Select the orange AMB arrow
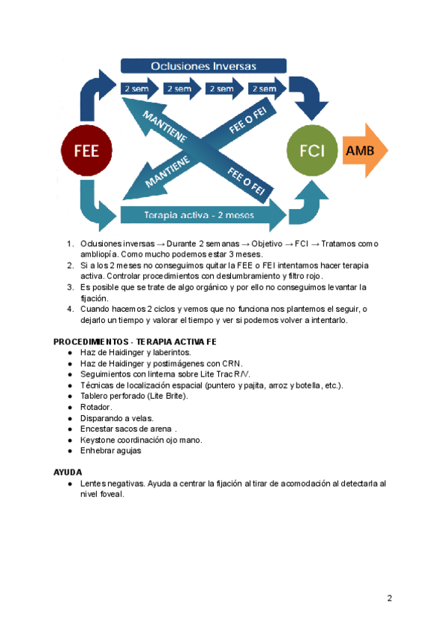[x=365, y=151]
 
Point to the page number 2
[x=390, y=598]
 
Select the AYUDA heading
[x=68, y=473]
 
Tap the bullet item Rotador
[x=96, y=407]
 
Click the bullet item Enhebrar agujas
[x=110, y=450]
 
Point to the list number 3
[x=69, y=287]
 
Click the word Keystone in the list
[x=98, y=439]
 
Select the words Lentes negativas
[x=112, y=483]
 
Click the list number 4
[x=69, y=309]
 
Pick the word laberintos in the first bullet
[x=168, y=352]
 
